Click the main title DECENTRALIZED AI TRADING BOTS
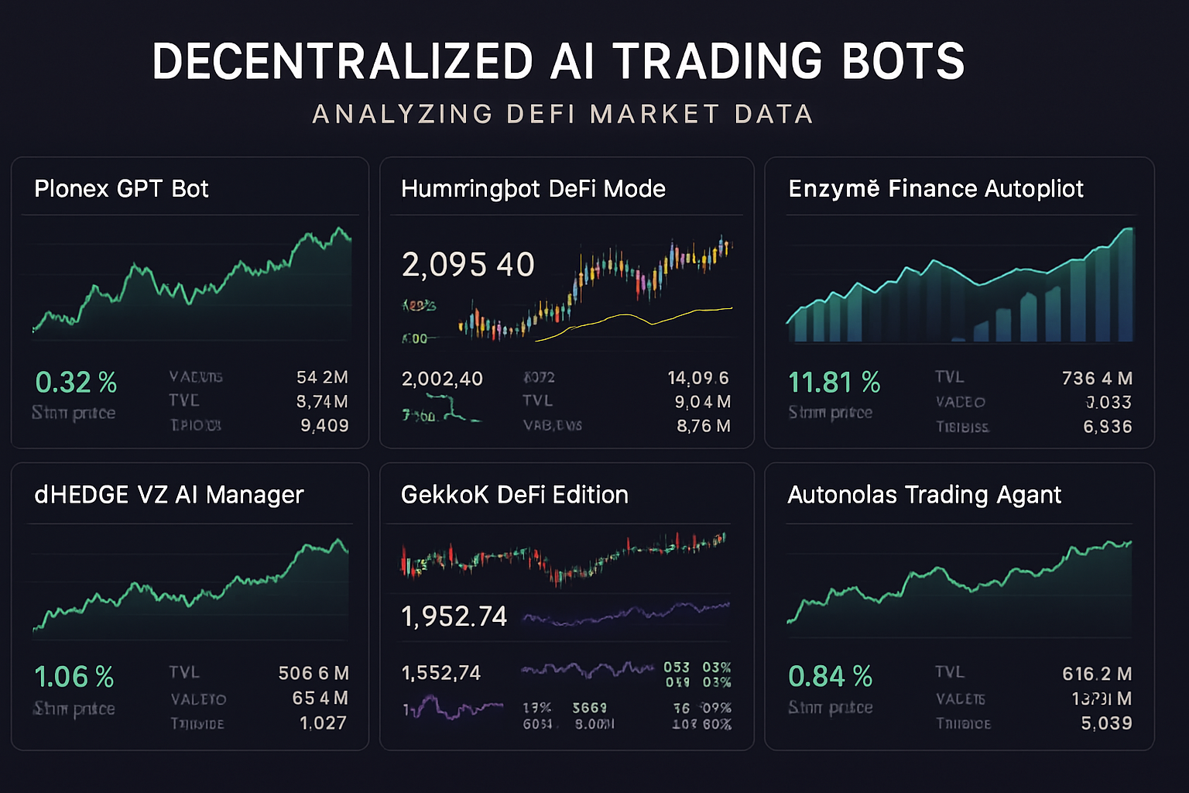click(x=558, y=61)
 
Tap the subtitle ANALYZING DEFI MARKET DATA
click(x=563, y=114)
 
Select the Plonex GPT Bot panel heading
click(x=122, y=189)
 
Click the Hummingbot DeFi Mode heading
click(x=533, y=189)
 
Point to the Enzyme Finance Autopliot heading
click(x=935, y=189)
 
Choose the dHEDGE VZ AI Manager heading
click(x=169, y=495)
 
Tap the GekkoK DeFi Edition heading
click(x=514, y=495)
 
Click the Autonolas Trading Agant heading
click(x=924, y=495)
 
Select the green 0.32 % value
click(x=76, y=383)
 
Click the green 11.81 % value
click(x=834, y=383)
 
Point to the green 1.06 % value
click(x=74, y=678)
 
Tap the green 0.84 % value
click(x=830, y=677)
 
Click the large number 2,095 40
click(x=468, y=265)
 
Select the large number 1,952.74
click(x=454, y=616)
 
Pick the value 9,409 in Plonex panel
click(x=324, y=426)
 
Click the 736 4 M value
click(x=1097, y=379)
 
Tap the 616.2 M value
click(x=1097, y=675)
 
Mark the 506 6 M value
click(x=314, y=674)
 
